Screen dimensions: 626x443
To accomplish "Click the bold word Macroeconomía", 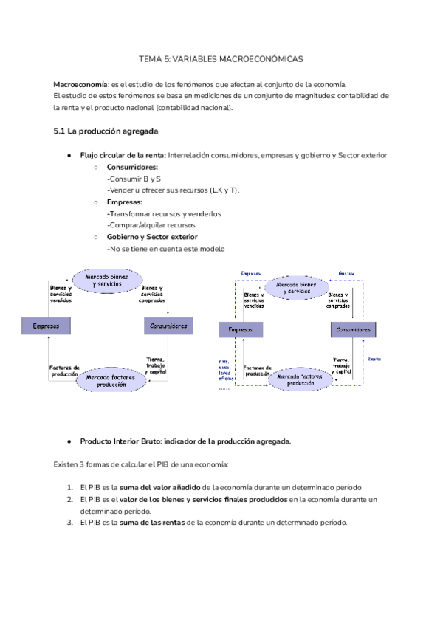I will pos(80,84).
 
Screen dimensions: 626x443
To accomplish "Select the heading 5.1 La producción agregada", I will pos(105,132).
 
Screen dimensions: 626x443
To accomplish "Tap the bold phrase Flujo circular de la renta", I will pos(123,155).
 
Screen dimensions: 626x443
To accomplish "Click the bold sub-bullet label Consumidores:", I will pos(132,167).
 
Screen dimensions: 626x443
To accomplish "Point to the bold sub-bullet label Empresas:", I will pos(125,202).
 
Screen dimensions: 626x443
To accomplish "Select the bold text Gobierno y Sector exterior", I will pos(152,237).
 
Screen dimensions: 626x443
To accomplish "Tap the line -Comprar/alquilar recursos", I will pos(151,225).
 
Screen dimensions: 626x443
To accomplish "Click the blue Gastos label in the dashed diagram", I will pos(348,273).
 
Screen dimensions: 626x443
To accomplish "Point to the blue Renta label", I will pos(374,359).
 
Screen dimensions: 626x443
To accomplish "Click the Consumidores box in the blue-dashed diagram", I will pos(355,330).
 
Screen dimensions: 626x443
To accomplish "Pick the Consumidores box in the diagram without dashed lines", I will pos(169,326).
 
